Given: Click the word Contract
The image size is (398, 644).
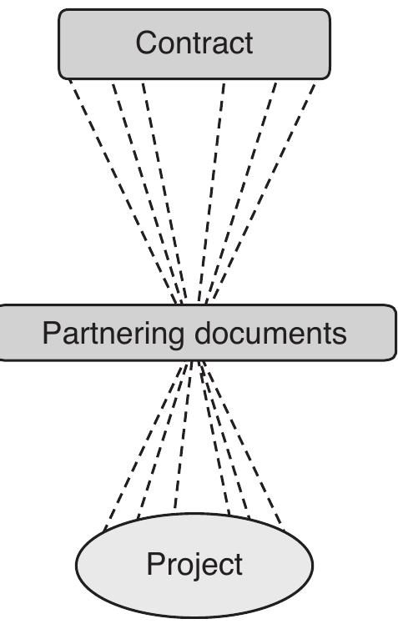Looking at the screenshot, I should coord(194,43).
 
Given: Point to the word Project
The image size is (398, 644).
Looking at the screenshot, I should coord(194,565).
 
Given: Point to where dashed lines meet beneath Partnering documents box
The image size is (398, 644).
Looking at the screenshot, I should coord(194,363).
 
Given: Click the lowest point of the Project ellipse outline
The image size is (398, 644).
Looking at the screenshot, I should coord(194,618).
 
